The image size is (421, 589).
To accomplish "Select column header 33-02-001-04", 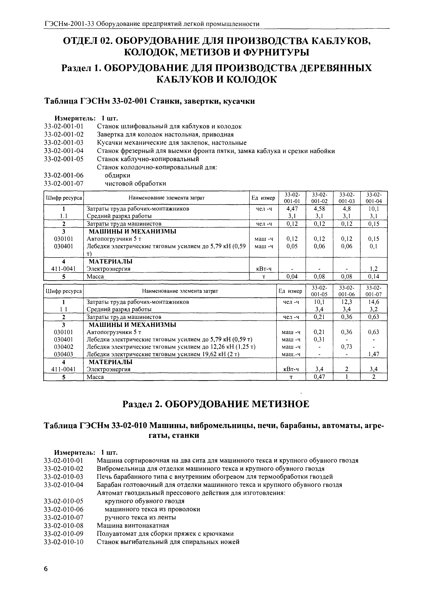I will click(374, 198).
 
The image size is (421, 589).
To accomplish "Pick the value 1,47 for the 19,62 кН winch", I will click(374, 354).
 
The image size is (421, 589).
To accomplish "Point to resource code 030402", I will click(63, 347).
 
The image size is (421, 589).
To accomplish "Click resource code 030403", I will click(63, 354).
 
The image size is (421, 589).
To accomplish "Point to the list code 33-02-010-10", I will click(64, 542).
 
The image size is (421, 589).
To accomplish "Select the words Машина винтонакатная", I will click(133, 525).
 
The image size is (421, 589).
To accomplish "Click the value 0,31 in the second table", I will click(319, 339).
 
